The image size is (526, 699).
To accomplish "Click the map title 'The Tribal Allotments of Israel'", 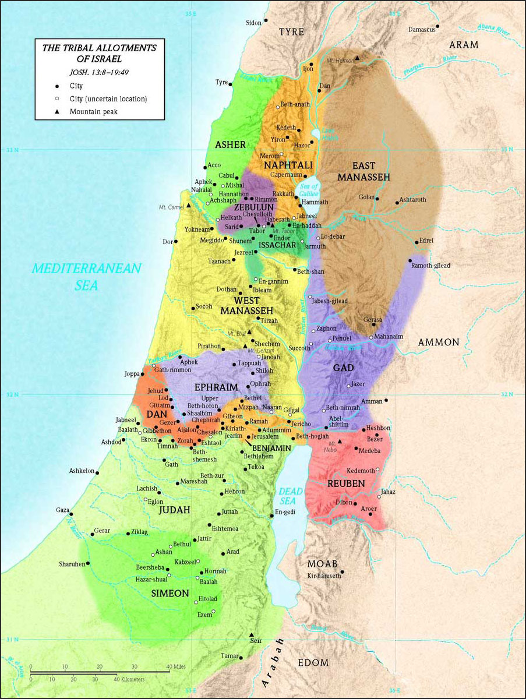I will [x=98, y=53].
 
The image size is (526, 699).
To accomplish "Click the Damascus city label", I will [x=421, y=29].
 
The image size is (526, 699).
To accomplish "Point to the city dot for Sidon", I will [x=266, y=20].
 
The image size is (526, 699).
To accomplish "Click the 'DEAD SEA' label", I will [x=290, y=496].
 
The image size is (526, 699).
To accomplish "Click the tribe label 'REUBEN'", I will [x=346, y=483].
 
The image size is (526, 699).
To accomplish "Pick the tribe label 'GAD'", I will [x=343, y=368].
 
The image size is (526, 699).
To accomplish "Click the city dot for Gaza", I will [x=71, y=514].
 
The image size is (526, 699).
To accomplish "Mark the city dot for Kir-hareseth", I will [x=343, y=571].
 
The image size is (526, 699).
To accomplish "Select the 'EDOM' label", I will [x=313, y=663].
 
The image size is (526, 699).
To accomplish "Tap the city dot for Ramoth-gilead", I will [x=410, y=260].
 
